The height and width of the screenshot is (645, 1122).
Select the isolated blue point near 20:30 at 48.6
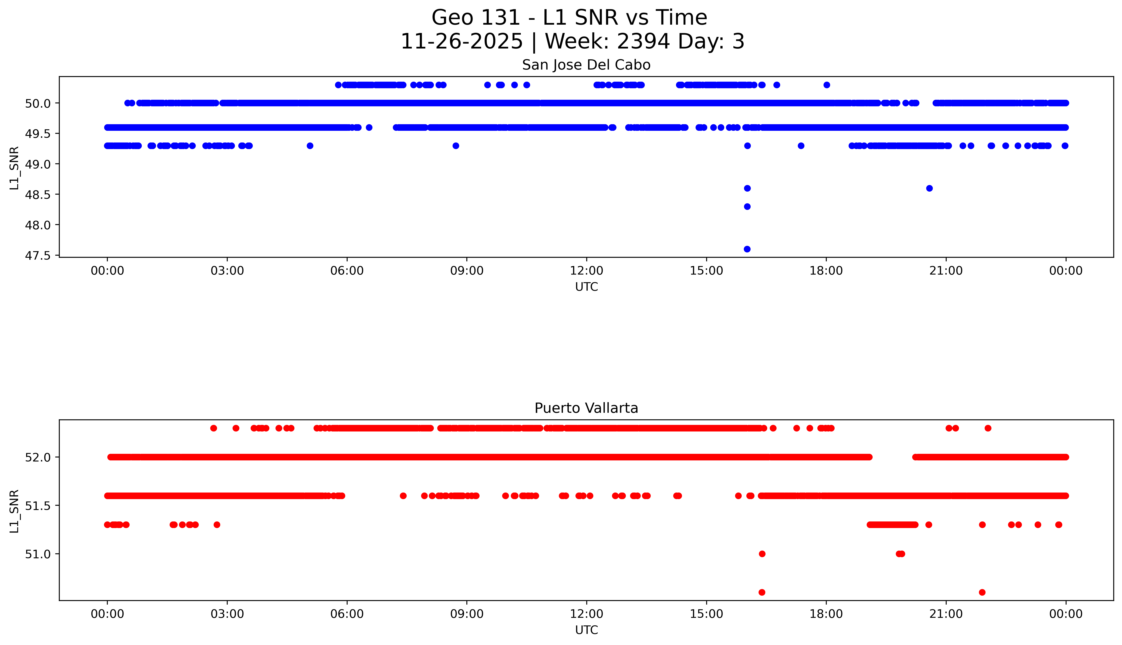tap(929, 188)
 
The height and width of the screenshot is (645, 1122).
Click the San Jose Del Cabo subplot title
tap(586, 65)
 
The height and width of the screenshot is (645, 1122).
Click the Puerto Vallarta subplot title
tap(586, 408)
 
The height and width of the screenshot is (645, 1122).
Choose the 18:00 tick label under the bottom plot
tap(826, 614)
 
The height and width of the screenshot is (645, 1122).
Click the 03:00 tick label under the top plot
tap(227, 271)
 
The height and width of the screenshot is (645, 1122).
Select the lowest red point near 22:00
tap(982, 592)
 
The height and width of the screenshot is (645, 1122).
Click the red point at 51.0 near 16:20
tap(762, 554)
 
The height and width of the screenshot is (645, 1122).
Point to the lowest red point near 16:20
tap(762, 592)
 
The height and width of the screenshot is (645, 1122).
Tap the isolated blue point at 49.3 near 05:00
tap(310, 146)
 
